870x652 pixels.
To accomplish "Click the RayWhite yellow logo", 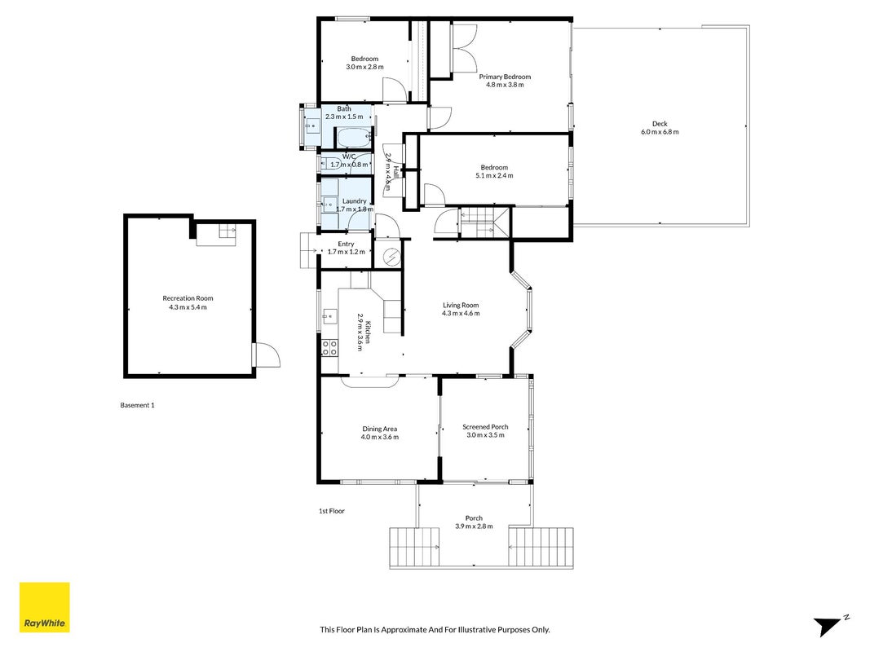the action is click(x=44, y=607).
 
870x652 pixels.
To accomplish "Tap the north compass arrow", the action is click(x=828, y=626).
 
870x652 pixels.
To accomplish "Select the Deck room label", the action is click(x=660, y=124).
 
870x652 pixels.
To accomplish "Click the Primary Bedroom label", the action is click(x=505, y=77).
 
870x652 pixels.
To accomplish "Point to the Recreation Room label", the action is click(x=188, y=298).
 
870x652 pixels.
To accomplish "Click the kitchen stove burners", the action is click(x=329, y=348).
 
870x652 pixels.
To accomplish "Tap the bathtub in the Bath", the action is click(x=354, y=137).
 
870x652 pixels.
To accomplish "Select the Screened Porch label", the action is click(x=485, y=427).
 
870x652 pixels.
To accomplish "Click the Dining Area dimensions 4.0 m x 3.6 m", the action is click(x=379, y=437).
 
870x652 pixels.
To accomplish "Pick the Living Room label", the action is click(x=461, y=305).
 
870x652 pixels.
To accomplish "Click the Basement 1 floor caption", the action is click(x=137, y=405).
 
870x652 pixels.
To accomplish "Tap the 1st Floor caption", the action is click(x=331, y=511).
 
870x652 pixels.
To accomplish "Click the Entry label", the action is click(x=346, y=244).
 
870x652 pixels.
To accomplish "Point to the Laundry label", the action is click(x=354, y=201).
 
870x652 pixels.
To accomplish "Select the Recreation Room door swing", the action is click(x=267, y=355).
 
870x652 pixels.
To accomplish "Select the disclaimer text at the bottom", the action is click(x=435, y=629).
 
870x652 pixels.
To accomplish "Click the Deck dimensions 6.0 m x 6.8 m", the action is click(x=660, y=132).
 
